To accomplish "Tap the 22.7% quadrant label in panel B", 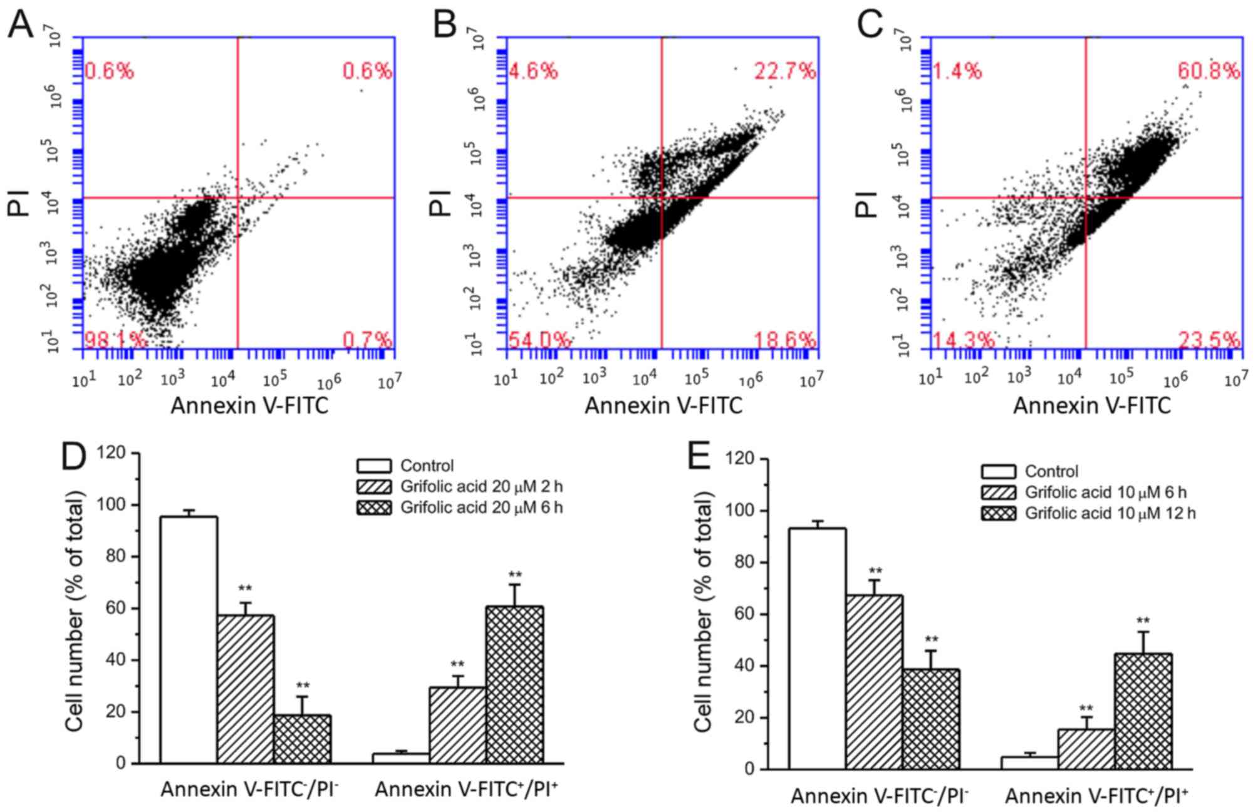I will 784,71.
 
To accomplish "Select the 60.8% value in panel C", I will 1208,71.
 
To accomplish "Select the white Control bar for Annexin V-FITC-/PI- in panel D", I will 189,639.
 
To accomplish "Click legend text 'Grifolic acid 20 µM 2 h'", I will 481,487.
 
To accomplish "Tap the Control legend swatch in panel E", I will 998,472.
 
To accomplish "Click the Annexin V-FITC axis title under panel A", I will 249,406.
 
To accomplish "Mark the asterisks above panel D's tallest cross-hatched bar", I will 515,575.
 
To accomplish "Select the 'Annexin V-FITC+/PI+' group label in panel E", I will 1096,796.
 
